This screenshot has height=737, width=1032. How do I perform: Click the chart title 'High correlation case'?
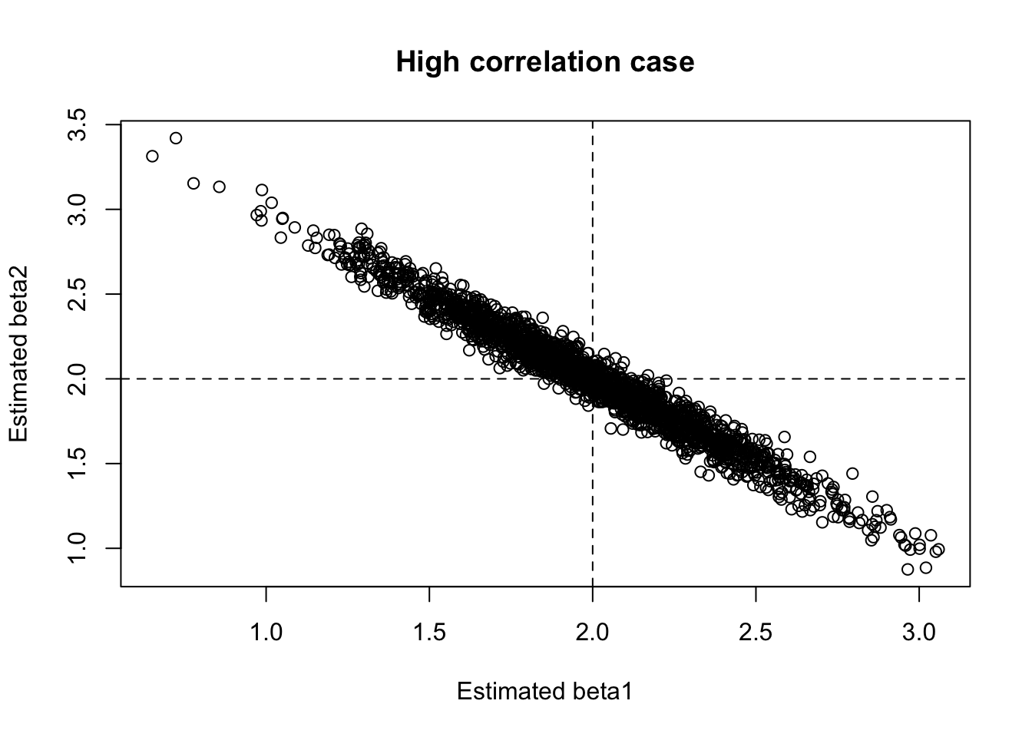(544, 61)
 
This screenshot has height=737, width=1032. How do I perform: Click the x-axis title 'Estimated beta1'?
(544, 692)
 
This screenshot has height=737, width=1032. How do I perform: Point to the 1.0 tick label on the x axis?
(266, 634)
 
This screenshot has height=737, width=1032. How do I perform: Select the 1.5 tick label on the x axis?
(429, 634)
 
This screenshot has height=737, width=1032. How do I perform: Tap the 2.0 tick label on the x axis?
(592, 634)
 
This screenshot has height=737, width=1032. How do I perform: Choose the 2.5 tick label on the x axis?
(756, 634)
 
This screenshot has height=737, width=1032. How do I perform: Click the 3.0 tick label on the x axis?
(918, 634)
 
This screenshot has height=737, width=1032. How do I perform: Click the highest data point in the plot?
(176, 138)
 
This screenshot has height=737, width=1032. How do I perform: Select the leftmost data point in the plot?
(152, 156)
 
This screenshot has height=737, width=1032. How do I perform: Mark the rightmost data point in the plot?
(938, 550)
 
